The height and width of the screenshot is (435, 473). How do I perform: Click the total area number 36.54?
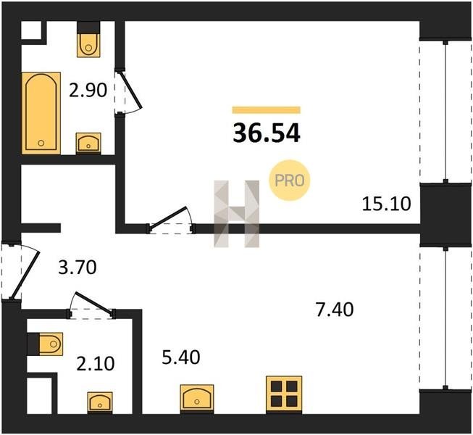(267, 133)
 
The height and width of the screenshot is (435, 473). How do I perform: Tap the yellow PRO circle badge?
(289, 181)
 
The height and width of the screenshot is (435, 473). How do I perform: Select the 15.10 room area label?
(386, 204)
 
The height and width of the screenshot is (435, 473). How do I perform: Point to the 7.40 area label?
(334, 310)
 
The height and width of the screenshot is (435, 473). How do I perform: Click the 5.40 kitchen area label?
(181, 357)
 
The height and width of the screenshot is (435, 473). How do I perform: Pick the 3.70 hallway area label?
(78, 268)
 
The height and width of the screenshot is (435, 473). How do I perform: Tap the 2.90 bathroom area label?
(88, 90)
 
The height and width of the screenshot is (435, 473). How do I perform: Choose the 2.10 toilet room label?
(96, 363)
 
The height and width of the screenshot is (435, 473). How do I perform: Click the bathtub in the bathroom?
(41, 113)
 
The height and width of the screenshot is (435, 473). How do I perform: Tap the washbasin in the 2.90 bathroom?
(88, 143)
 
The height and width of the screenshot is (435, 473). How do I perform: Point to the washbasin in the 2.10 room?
(100, 403)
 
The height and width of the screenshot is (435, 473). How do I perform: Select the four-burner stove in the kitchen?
(284, 394)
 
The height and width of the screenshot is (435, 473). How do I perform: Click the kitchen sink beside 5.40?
(197, 398)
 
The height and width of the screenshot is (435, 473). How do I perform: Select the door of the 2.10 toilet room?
(94, 303)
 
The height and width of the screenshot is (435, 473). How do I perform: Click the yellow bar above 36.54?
(267, 110)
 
